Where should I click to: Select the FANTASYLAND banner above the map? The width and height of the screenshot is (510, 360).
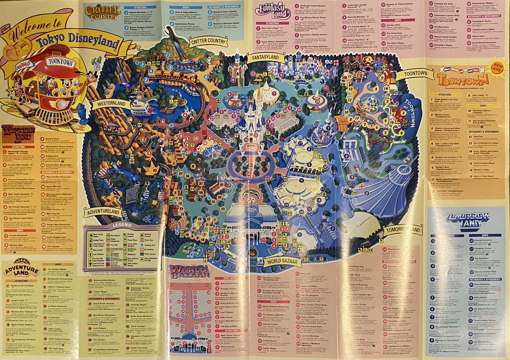(263, 57)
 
